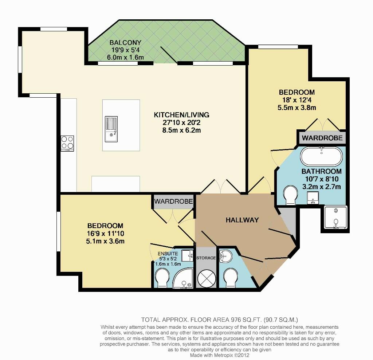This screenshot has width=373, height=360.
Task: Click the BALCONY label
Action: pos(125,43)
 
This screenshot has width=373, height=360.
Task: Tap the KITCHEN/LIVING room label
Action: pos(181,115)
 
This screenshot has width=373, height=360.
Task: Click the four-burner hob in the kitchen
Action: pos(67,143)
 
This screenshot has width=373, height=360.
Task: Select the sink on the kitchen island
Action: pos(111,129)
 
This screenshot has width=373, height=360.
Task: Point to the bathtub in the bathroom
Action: pos(321,156)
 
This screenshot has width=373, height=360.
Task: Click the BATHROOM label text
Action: pos(321,171)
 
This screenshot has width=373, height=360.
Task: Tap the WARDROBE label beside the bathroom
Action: pos(322,138)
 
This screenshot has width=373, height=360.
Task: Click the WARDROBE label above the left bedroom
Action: pos(173,201)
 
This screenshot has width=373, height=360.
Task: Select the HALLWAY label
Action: pos(242,220)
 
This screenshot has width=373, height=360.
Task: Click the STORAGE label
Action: pos(206,258)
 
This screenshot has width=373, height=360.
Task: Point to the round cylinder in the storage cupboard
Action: pos(207,278)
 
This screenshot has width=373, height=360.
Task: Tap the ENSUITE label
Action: pos(168,254)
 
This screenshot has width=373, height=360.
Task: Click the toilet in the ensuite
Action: pos(162,278)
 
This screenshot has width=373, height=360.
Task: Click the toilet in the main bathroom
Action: pos(290,195)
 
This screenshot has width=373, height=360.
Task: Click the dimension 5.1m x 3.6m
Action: pos(105,241)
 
